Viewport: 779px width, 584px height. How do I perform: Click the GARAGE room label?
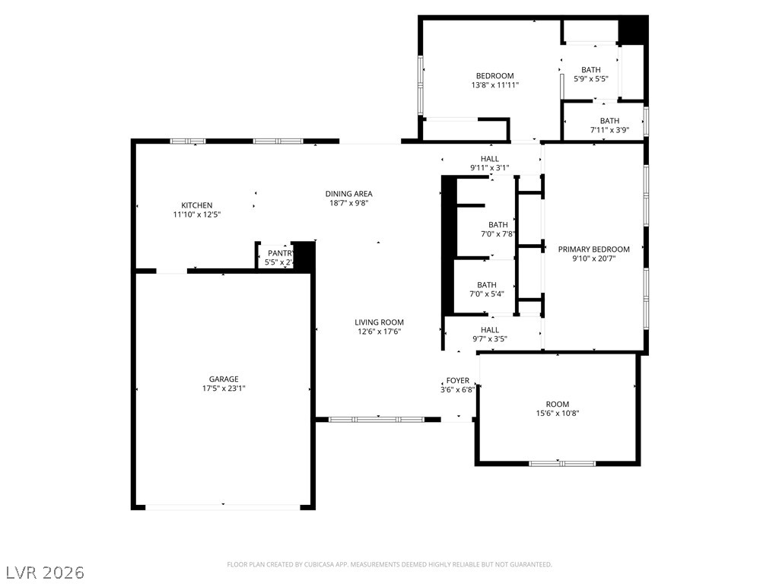pyautogui.click(x=224, y=379)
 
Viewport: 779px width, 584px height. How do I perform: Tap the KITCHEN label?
pyautogui.click(x=196, y=205)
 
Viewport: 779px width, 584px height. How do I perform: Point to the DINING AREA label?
pyautogui.click(x=348, y=194)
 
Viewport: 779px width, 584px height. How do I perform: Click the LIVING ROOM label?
pyautogui.click(x=380, y=322)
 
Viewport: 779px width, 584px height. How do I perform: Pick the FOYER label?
pyautogui.click(x=457, y=380)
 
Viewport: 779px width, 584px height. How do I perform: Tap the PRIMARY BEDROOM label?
pyautogui.click(x=593, y=249)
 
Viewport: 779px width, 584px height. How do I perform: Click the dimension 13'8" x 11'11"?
pyautogui.click(x=494, y=85)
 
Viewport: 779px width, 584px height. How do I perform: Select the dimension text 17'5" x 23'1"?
pyautogui.click(x=224, y=389)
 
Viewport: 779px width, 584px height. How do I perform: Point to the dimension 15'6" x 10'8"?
pyautogui.click(x=557, y=414)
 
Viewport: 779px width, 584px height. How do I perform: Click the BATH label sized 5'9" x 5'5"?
pyautogui.click(x=590, y=70)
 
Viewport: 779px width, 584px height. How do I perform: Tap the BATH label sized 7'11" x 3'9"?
pyautogui.click(x=609, y=121)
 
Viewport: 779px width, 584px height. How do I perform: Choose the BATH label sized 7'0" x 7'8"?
pyautogui.click(x=498, y=224)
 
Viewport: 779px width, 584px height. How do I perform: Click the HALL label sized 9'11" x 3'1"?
pyautogui.click(x=489, y=159)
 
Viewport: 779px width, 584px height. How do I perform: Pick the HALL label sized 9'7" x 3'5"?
pyautogui.click(x=489, y=330)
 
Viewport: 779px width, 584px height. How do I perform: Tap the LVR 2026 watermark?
pyautogui.click(x=45, y=571)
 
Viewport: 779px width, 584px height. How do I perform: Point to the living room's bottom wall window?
pyautogui.click(x=377, y=419)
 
